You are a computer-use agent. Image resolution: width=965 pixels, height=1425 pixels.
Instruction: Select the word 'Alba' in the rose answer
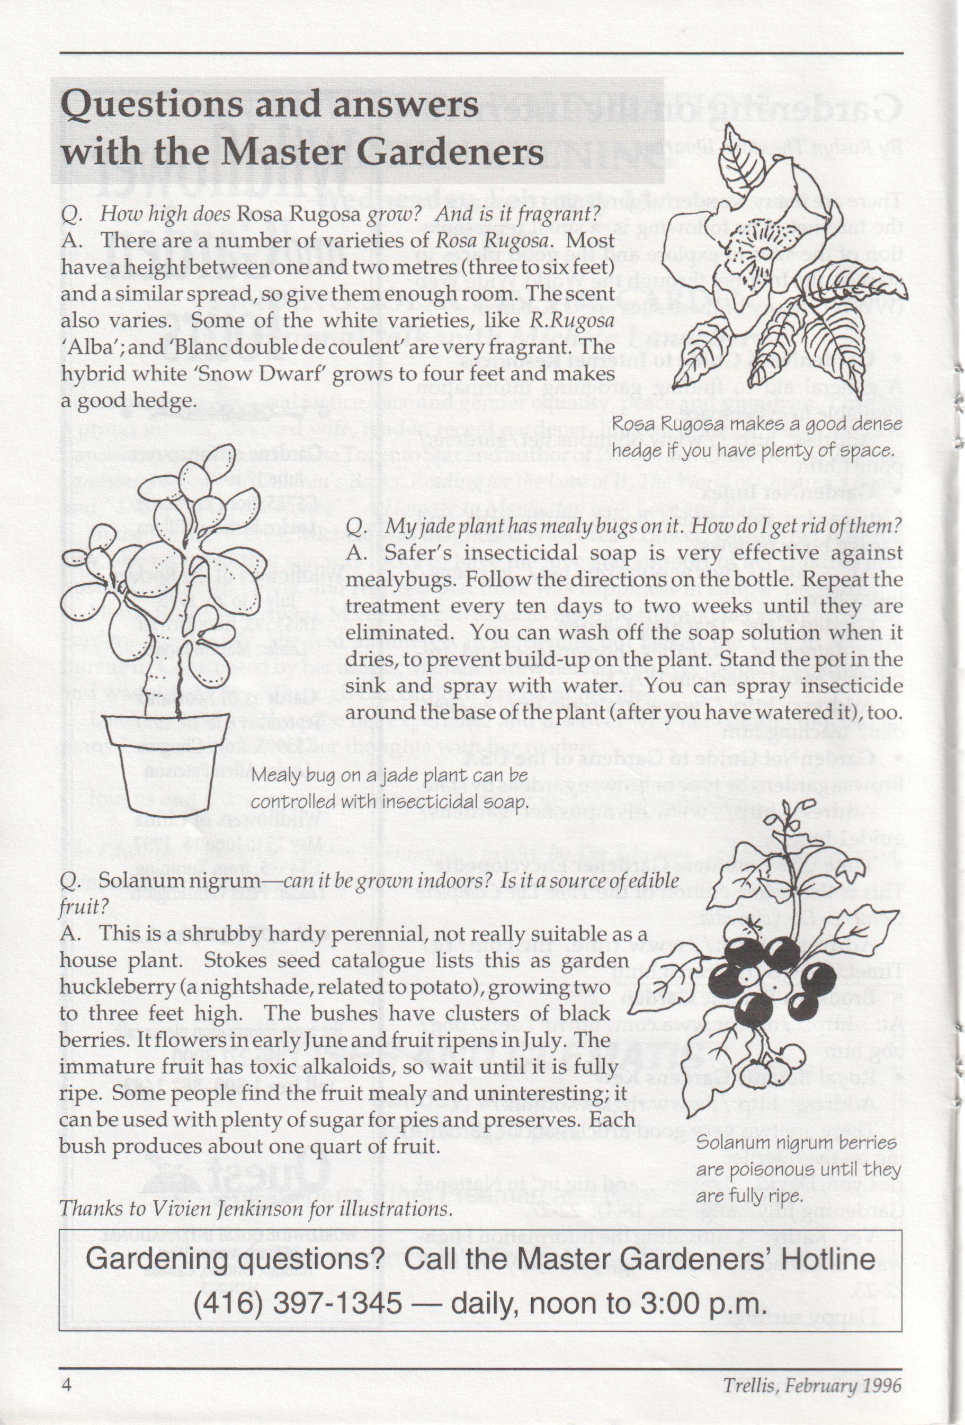85,348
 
